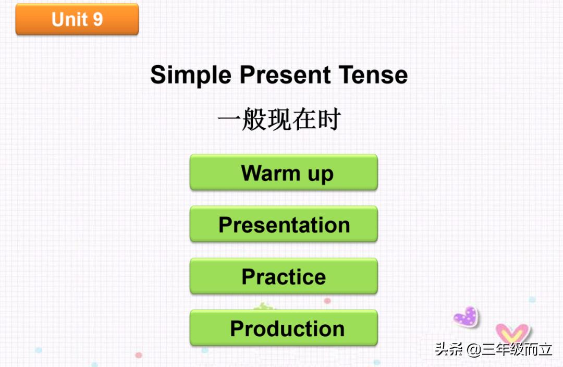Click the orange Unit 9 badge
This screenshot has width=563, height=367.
77,19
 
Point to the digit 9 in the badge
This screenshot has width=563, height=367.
97,19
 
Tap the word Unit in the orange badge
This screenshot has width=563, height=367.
69,19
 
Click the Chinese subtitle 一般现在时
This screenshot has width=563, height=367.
279,120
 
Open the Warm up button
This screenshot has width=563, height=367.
284,172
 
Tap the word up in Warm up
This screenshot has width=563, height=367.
320,174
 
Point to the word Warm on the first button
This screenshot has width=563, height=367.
271,172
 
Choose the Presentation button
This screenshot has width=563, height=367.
284,224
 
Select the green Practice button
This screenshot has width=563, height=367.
284,276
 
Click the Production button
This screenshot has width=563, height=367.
284,328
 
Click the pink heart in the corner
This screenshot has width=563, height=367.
511,333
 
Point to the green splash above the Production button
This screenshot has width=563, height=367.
265,307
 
